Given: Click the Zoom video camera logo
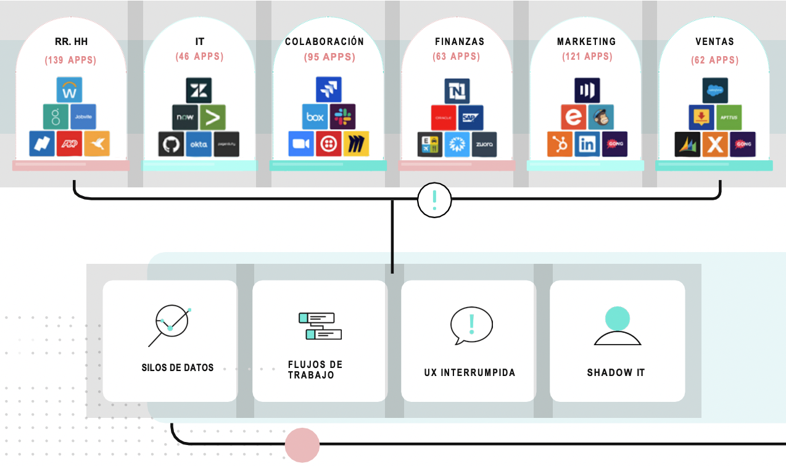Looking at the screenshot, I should (301, 144).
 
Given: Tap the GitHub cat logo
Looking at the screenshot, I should (171, 144).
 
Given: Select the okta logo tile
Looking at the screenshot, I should (198, 144).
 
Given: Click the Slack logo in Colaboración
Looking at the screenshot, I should (342, 116).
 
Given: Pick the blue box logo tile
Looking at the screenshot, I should (315, 116).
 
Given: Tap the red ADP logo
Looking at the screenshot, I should (70, 144).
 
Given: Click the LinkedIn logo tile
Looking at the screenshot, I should (587, 144).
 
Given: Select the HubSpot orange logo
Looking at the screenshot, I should (560, 144).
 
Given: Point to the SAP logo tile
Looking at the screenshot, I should (471, 117).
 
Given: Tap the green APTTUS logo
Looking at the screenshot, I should (729, 117).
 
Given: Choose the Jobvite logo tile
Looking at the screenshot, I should (83, 116).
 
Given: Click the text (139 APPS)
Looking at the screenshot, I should (70, 60).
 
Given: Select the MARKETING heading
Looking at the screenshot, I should (586, 42).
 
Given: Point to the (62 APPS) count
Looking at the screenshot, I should (714, 60).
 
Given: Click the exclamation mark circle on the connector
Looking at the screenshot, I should (434, 200).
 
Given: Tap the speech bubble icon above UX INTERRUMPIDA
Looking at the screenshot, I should (471, 325).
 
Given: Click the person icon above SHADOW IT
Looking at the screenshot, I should (617, 327).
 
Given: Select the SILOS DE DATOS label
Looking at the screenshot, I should (178, 367).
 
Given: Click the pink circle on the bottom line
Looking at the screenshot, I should (302, 444).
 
